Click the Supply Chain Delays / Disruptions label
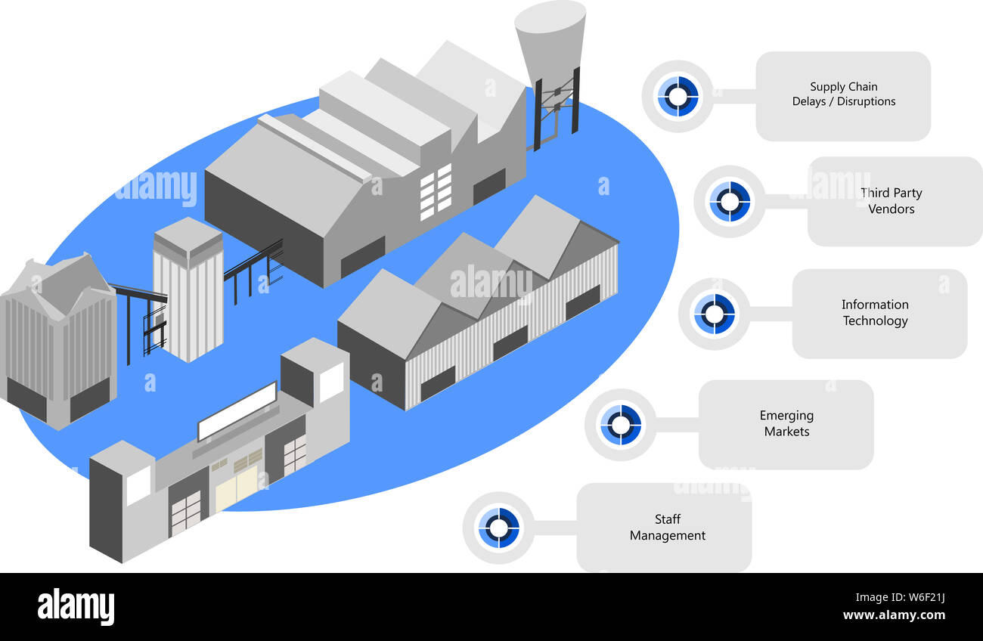pos(843,94)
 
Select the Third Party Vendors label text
pos(892,200)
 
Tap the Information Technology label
pos(875,312)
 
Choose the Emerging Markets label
pos(786,423)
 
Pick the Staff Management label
pos(668,527)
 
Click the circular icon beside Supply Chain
pos(678,96)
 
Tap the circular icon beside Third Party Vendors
pos(730,201)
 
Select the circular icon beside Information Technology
pos(715,314)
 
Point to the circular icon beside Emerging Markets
pos(621,425)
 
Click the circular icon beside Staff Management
pos(498,528)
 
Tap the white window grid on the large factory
pos(436,192)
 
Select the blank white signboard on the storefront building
pos(237,411)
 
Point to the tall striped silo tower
pos(188,290)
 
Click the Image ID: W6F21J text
pos(900,597)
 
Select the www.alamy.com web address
pos(894,615)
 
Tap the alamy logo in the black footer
pos(76,606)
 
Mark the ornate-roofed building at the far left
pos(58,342)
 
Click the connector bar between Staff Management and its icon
pos(556,528)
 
